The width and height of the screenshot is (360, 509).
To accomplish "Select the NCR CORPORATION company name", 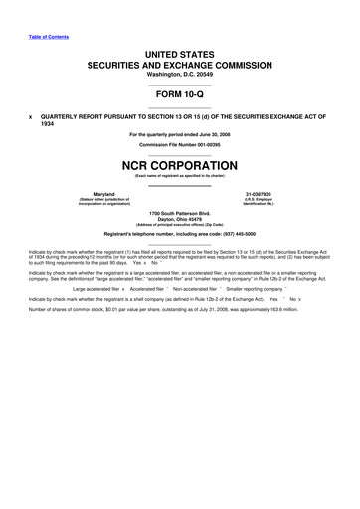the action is point(180,164).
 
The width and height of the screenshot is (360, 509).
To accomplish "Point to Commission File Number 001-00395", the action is point(180,145).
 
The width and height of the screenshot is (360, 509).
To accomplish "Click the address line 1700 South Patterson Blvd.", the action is point(180,216).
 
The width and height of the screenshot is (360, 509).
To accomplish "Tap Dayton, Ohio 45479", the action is point(180,222).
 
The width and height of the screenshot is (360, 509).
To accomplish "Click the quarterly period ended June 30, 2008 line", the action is point(180,134).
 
